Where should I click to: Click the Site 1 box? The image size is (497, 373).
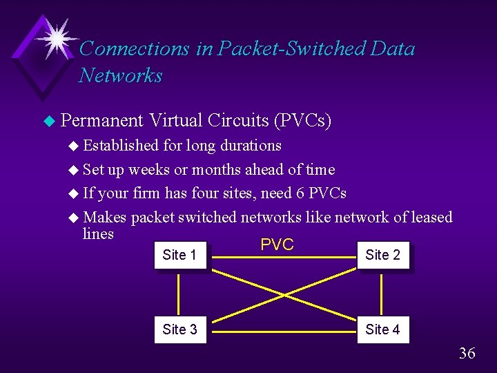coord(179,255)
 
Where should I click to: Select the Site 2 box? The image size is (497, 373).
coord(382,255)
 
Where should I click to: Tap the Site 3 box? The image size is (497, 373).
coord(179,329)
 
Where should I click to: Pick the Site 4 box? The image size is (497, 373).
coord(382,329)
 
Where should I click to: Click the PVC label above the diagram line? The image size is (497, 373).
coord(277,245)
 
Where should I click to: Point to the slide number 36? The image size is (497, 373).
coord(467,354)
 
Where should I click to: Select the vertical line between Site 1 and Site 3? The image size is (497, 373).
coord(179,292)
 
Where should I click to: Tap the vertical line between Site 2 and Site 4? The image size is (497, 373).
coord(382,292)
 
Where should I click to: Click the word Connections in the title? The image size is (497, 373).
coord(135,49)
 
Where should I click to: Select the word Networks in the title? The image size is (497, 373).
coord(121,75)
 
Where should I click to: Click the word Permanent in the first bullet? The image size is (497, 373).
coord(101,121)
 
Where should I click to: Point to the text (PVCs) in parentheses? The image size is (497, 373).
coord(302,122)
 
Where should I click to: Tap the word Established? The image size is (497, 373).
coord(121,146)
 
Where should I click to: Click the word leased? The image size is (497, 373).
coord(432,218)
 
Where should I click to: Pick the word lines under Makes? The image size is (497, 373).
coord(98,233)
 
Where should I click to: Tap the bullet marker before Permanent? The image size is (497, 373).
coord(48,122)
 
